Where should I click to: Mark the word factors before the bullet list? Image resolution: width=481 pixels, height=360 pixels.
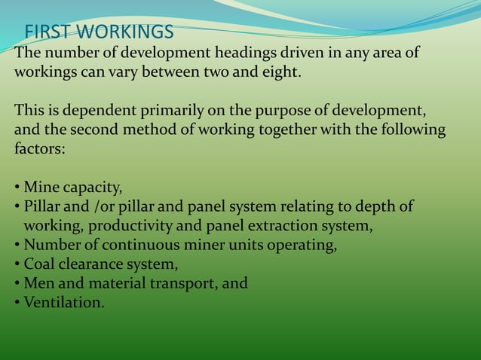pyautogui.click(x=39, y=148)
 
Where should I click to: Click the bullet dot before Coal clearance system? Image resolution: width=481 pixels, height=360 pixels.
pyautogui.click(x=17, y=265)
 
